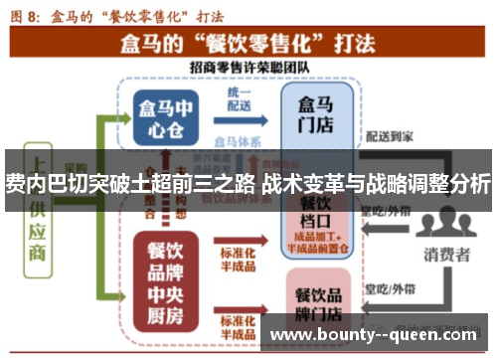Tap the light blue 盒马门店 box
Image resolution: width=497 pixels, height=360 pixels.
click(317, 117)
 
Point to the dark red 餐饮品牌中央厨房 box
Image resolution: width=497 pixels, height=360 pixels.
click(168, 271)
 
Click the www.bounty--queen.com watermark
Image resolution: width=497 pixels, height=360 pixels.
click(379, 337)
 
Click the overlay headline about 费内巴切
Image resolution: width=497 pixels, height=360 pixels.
click(248, 182)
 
